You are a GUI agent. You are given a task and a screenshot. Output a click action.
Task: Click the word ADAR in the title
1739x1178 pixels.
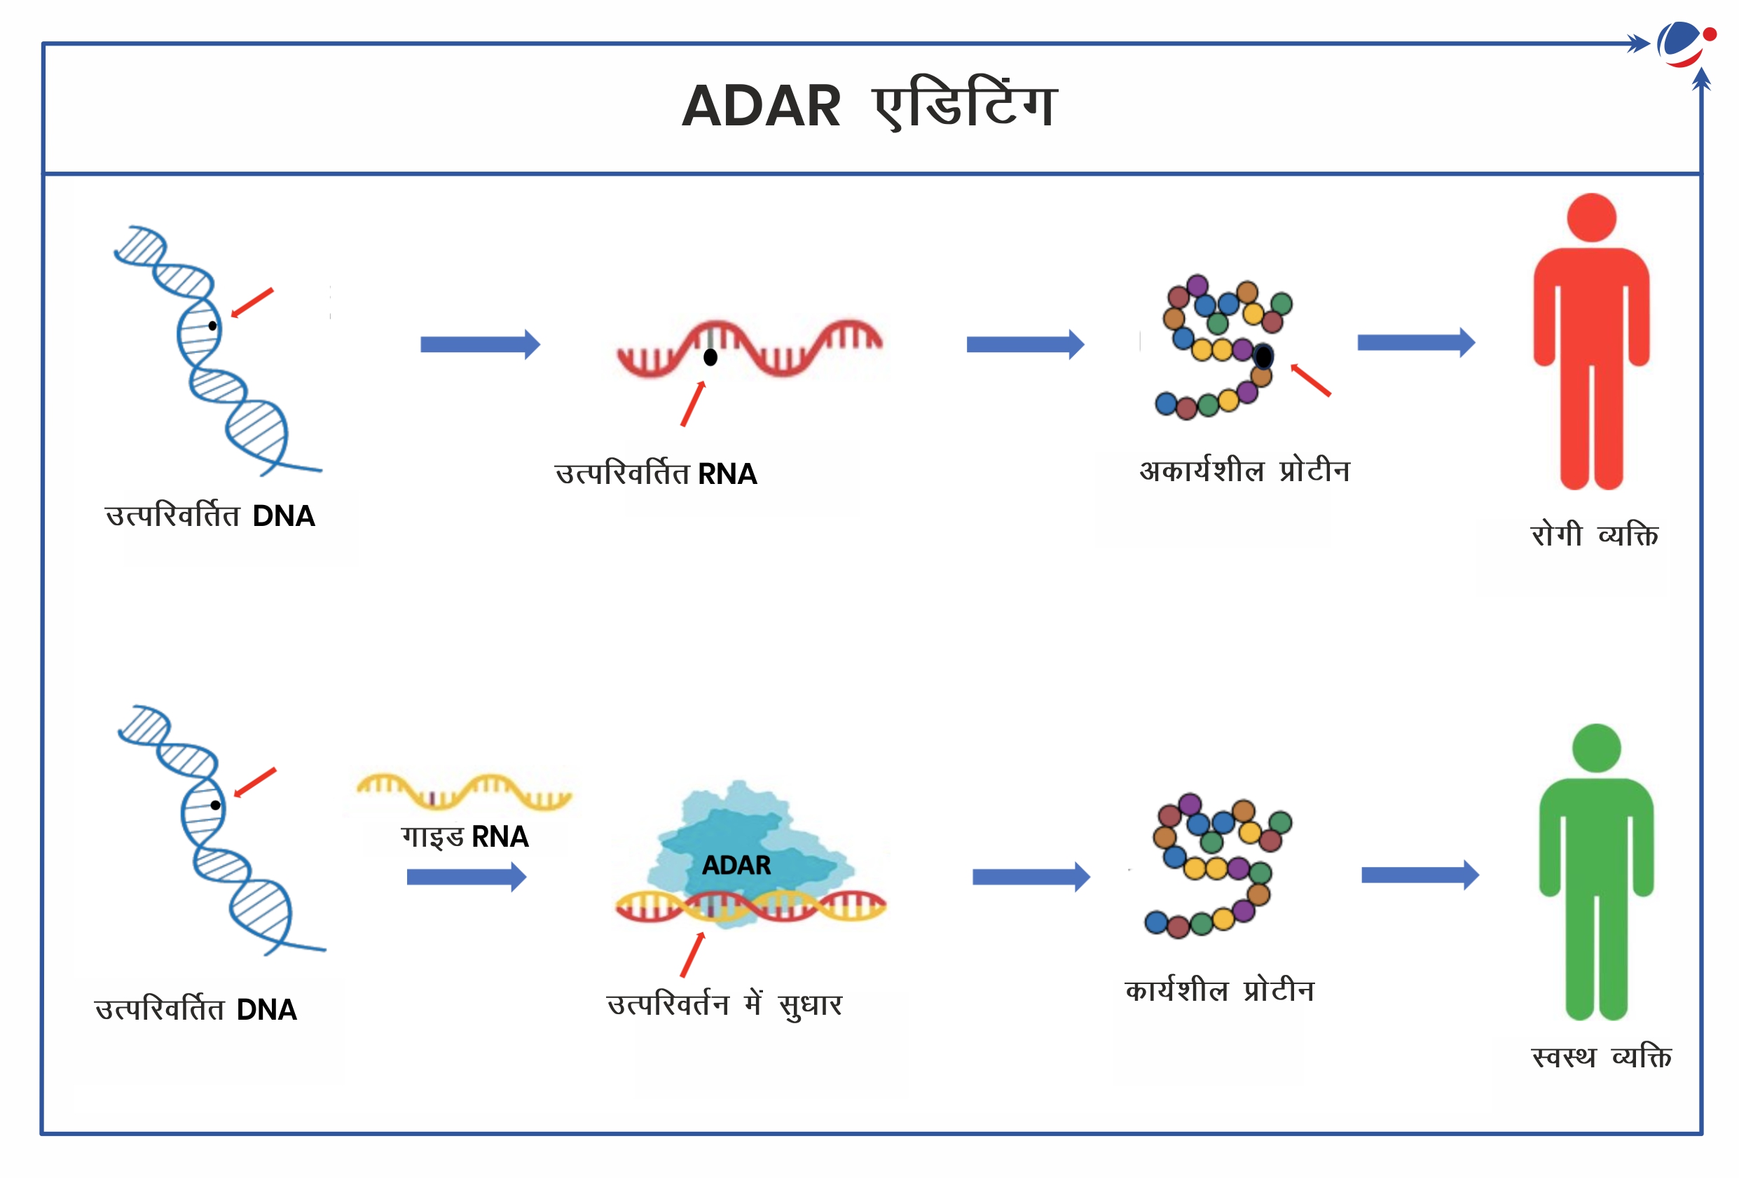click(761, 106)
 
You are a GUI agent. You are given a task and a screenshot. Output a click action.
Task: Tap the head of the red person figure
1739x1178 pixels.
click(1592, 218)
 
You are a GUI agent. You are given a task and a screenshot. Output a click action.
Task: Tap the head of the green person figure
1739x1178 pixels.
click(1597, 748)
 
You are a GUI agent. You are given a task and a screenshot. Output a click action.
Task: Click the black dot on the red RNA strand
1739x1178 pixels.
click(711, 357)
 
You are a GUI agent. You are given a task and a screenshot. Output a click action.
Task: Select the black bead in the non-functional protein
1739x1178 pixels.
click(1263, 356)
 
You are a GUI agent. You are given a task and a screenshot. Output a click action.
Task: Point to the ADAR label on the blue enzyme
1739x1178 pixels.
click(736, 866)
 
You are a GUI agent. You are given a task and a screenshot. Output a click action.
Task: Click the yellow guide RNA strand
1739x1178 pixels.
click(464, 791)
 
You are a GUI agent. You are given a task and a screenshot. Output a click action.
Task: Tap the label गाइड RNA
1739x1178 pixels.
click(465, 837)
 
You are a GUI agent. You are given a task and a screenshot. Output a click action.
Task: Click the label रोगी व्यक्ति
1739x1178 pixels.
click(1595, 535)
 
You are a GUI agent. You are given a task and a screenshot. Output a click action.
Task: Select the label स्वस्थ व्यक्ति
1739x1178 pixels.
click(1601, 1056)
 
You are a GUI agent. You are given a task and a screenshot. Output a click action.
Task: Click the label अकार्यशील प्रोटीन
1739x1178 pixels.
click(1244, 471)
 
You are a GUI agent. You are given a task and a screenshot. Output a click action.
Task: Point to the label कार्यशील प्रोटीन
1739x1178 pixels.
click(1220, 990)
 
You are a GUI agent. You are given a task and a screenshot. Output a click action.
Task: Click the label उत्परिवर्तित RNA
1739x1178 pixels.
click(657, 474)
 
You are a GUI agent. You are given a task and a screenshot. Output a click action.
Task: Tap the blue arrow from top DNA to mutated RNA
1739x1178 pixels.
click(481, 344)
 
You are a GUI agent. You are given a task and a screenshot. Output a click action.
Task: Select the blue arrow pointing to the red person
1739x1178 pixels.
click(1417, 342)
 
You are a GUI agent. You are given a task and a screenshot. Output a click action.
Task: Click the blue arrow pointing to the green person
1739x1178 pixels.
click(1420, 875)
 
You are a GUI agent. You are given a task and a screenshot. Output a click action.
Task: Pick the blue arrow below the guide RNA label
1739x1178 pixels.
click(467, 877)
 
